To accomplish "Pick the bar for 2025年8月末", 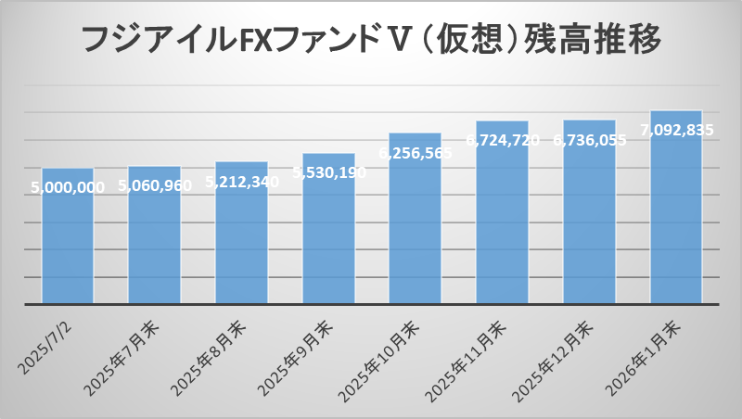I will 241,246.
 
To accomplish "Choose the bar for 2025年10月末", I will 415,232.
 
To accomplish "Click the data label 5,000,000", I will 68,187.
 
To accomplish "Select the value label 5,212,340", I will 241,182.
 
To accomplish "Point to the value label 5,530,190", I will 329,172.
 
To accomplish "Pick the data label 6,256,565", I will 416,153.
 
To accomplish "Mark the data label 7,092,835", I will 676,131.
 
